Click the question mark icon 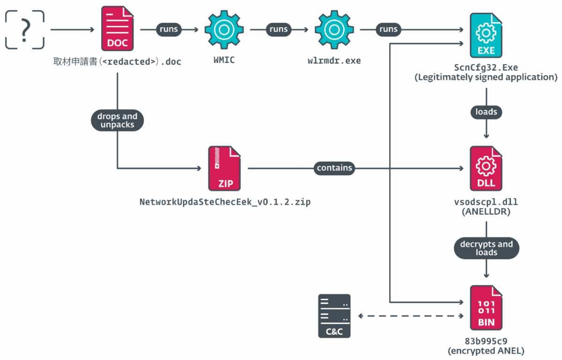click(25, 30)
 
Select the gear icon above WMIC click(222, 29)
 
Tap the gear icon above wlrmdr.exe click(333, 29)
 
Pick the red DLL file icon click(486, 168)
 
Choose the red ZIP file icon click(224, 168)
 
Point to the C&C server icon click(334, 316)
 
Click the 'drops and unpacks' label click(117, 121)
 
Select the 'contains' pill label click(334, 168)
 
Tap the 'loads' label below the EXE click(486, 112)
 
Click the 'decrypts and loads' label click(486, 248)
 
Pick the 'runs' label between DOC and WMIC click(169, 29)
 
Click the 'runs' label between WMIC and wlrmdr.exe click(278, 29)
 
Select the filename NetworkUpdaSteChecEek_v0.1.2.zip click(225, 202)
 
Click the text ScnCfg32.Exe click(486, 67)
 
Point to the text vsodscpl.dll click(486, 202)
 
